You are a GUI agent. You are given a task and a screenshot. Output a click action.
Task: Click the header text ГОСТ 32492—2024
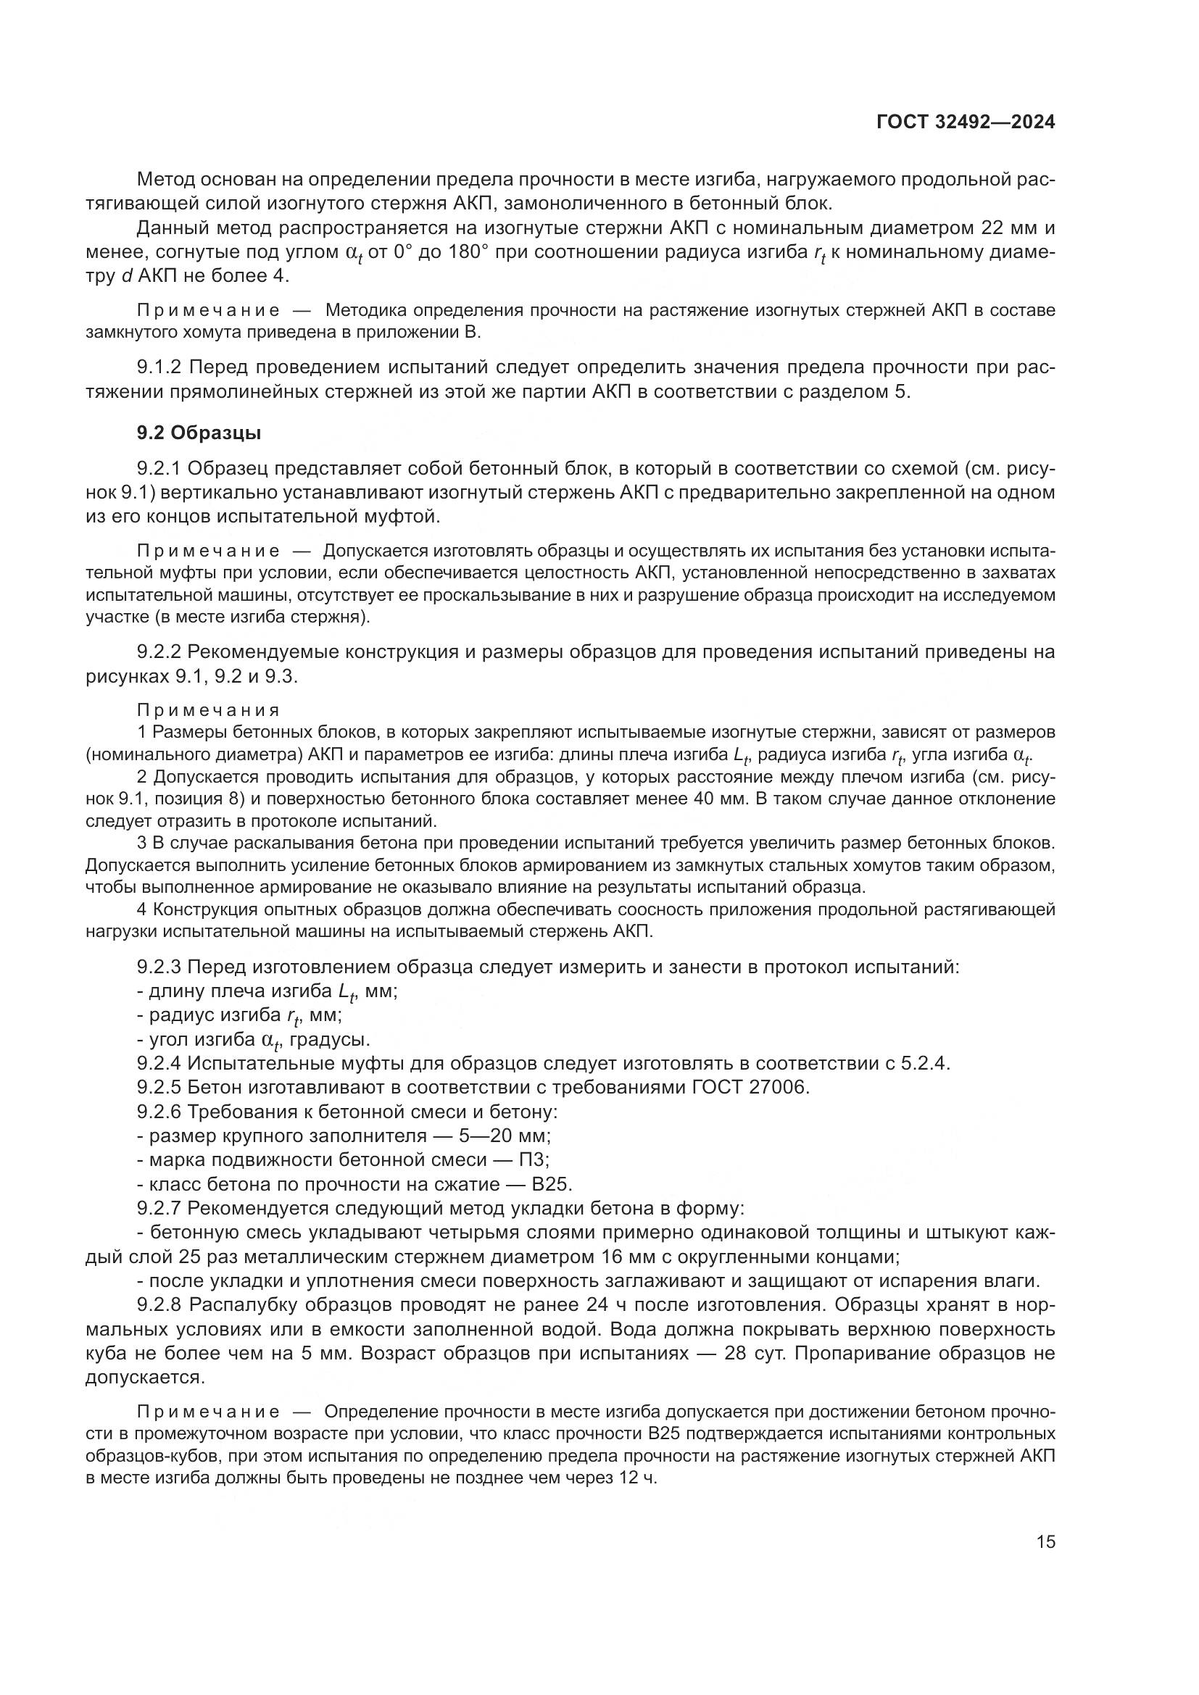pos(965,122)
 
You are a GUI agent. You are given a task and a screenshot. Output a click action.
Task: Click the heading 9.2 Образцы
pos(199,433)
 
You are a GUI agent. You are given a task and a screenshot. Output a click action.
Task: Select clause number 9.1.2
pos(159,367)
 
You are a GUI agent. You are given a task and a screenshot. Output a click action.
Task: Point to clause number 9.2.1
pos(159,468)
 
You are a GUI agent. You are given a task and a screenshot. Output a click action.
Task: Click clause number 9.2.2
pos(159,652)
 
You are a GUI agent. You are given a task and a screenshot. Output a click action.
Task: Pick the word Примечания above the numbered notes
pos(209,710)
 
